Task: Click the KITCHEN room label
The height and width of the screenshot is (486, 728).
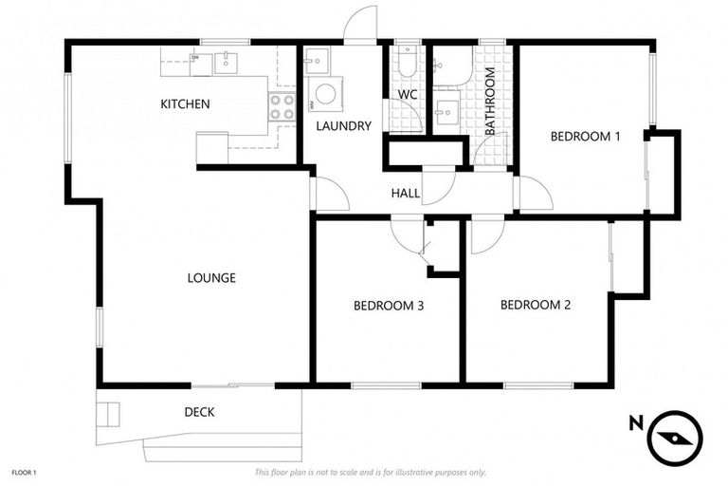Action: pyautogui.click(x=185, y=103)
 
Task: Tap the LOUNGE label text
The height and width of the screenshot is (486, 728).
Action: pyautogui.click(x=210, y=278)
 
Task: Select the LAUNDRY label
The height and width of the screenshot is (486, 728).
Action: pyautogui.click(x=343, y=125)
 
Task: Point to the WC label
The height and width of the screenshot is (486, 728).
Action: pyautogui.click(x=408, y=95)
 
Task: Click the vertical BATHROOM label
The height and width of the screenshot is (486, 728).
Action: pyautogui.click(x=490, y=105)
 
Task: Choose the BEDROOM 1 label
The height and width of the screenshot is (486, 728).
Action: pyautogui.click(x=585, y=137)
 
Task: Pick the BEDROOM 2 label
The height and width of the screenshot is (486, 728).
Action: pyautogui.click(x=535, y=305)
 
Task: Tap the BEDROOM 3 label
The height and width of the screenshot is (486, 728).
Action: pyautogui.click(x=388, y=306)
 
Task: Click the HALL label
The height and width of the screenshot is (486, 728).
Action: pyautogui.click(x=406, y=194)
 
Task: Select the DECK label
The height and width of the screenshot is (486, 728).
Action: pyautogui.click(x=199, y=412)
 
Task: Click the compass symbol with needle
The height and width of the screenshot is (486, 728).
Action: pyautogui.click(x=676, y=437)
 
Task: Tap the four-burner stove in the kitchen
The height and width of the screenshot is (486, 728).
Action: pyautogui.click(x=282, y=106)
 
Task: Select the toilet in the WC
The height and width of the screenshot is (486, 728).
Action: pyautogui.click(x=406, y=63)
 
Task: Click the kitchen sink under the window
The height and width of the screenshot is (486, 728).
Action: pyautogui.click(x=227, y=63)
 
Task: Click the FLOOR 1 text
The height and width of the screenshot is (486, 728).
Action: pyautogui.click(x=23, y=472)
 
